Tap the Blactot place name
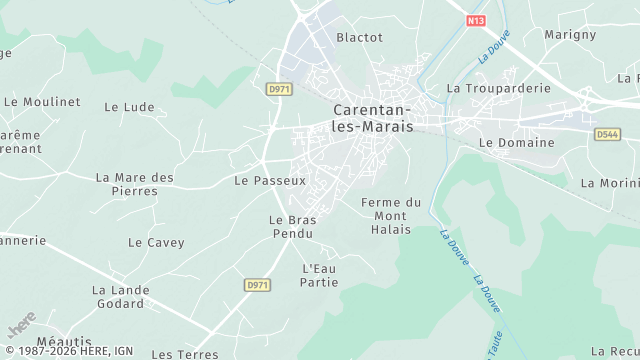[359, 37]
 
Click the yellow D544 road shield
[607, 134]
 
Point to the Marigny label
[570, 34]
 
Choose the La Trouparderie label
[498, 88]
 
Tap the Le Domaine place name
[515, 143]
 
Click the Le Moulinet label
[41, 101]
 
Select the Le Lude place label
[128, 107]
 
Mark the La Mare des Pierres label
[135, 184]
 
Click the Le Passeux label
[269, 181]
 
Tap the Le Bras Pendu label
[292, 226]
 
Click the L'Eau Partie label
[319, 275]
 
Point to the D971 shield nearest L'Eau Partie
[257, 285]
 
